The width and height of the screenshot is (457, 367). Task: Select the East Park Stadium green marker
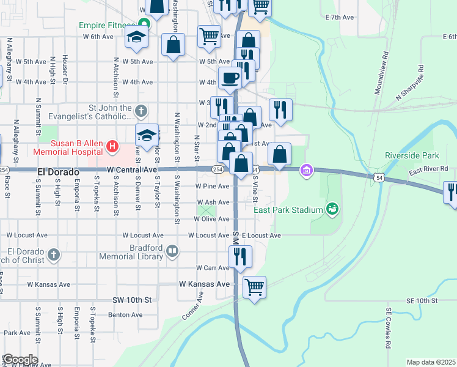coord(332,210)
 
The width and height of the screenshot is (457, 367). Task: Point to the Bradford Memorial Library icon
coord(173,251)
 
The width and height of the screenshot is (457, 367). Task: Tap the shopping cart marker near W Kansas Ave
coord(254,286)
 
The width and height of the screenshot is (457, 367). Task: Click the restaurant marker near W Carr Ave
coord(240,256)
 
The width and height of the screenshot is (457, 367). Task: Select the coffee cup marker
coord(230,78)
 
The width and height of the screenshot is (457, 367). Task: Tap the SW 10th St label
coord(131,300)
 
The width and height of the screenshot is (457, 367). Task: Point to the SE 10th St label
coord(422,301)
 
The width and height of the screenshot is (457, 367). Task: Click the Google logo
coord(20,360)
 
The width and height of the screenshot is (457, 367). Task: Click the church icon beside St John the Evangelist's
coord(141,111)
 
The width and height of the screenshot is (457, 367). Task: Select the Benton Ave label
coord(125,315)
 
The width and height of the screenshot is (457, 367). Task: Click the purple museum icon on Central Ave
coord(306,170)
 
